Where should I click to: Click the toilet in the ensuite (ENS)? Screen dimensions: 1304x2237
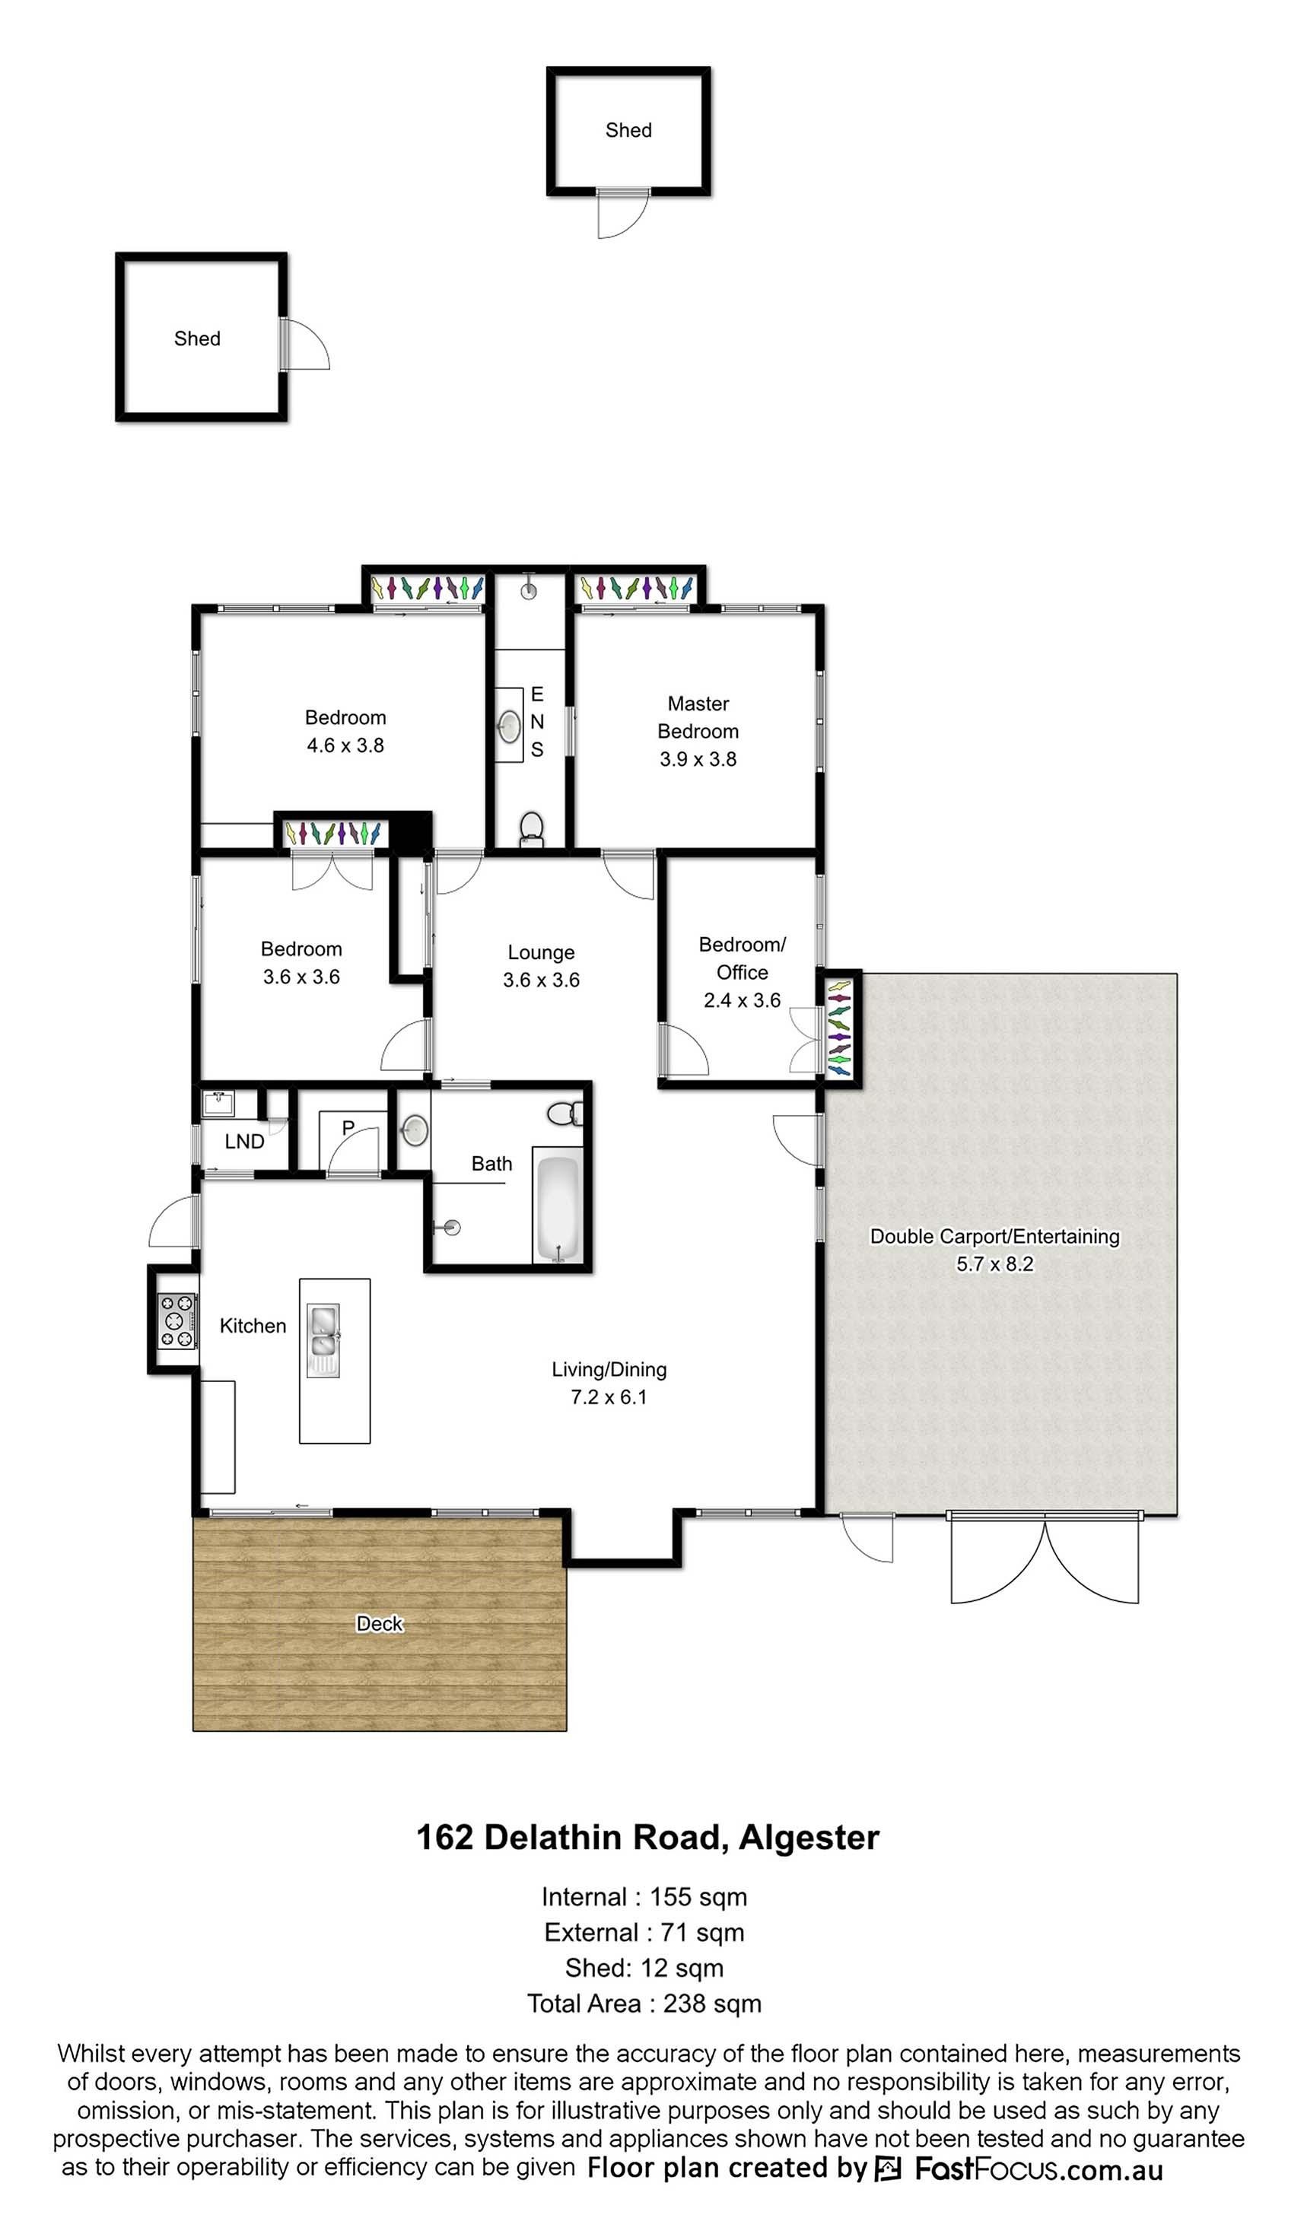531,828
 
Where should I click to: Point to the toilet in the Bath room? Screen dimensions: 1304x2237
565,1112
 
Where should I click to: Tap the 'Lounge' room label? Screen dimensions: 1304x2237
541,952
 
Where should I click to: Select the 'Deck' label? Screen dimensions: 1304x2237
379,1624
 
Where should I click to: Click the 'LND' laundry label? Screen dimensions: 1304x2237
244,1142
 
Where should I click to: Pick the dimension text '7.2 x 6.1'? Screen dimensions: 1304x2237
608,1397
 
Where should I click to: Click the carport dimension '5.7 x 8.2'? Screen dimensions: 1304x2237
994,1264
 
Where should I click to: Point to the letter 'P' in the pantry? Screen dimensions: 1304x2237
348,1127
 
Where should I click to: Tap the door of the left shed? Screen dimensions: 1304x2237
304,344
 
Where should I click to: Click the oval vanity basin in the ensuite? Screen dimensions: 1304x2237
509,727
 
